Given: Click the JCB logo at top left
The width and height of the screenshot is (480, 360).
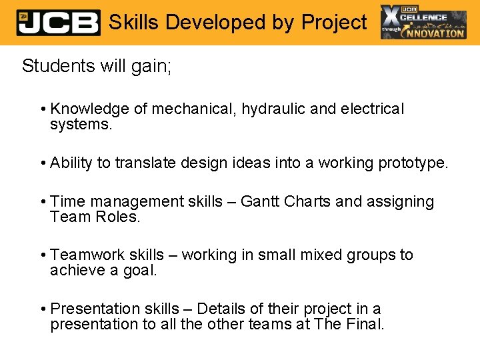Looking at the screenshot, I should pyautogui.click(x=58, y=23).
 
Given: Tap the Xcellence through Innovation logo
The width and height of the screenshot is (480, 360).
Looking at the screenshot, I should pyautogui.click(x=423, y=23).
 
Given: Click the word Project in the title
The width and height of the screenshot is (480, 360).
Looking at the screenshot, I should pyautogui.click(x=334, y=23).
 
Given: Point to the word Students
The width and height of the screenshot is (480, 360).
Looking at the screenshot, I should pyautogui.click(x=51, y=66).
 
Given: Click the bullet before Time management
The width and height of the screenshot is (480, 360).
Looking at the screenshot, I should pyautogui.click(x=42, y=202).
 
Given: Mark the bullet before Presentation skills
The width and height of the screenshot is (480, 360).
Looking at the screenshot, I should pyautogui.click(x=42, y=309).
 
